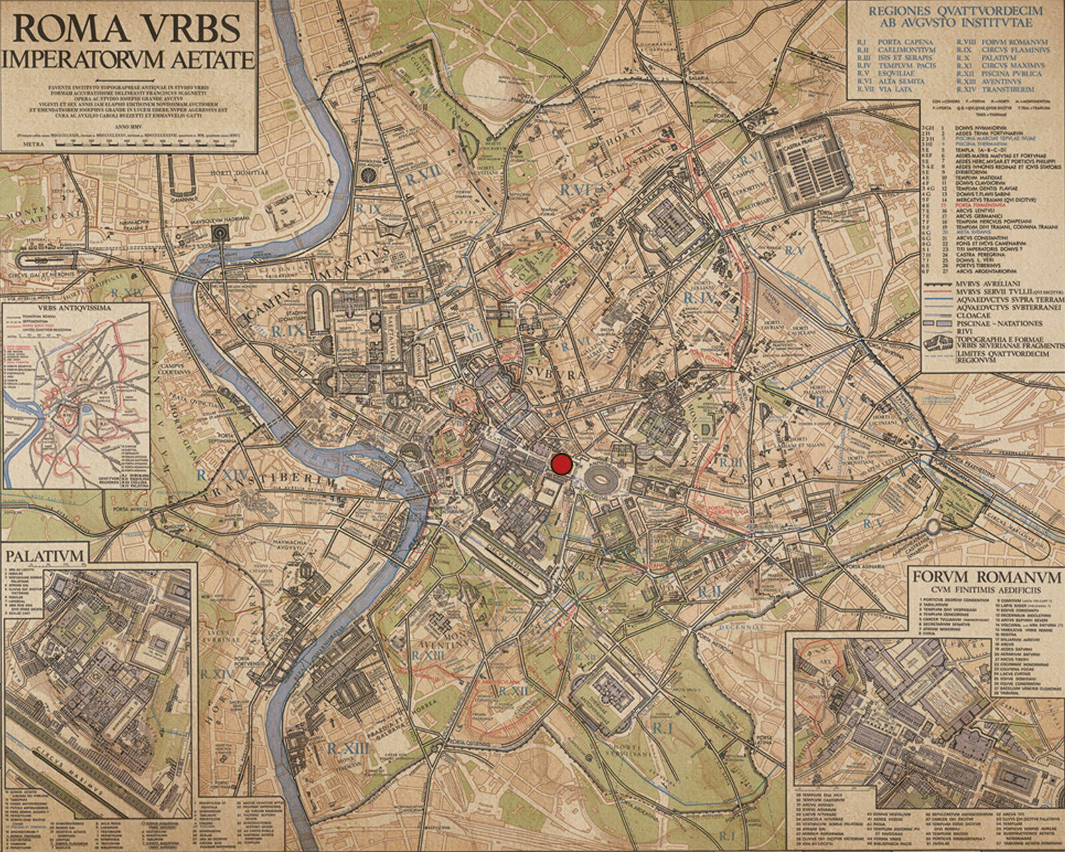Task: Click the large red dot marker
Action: [562, 464]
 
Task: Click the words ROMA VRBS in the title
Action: [126, 29]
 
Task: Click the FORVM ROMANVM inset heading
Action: [987, 577]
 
